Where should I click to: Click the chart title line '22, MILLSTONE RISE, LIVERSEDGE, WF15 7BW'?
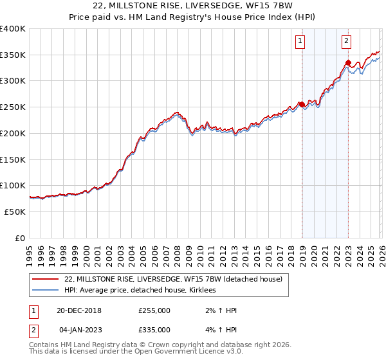tap(193, 6)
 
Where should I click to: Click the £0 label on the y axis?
tap(19, 238)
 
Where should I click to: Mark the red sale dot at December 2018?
tap(302, 104)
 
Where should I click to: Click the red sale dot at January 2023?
tap(348, 63)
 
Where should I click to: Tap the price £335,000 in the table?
tap(154, 330)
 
